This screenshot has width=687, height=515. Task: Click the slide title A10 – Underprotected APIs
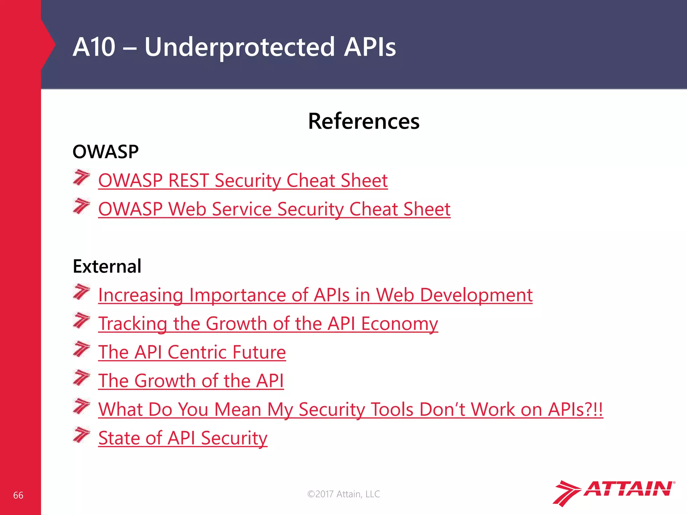click(234, 47)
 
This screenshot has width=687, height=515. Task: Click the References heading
click(364, 121)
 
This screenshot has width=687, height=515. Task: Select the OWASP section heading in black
click(105, 152)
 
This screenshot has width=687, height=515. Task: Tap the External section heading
click(107, 266)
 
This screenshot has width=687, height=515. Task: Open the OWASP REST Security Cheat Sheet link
click(243, 180)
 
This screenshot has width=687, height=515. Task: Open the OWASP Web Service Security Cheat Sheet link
click(274, 209)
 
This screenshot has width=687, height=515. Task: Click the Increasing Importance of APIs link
click(315, 295)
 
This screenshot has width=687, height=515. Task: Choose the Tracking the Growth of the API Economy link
click(268, 324)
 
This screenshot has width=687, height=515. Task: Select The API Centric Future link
click(192, 352)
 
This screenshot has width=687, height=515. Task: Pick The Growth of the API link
click(191, 381)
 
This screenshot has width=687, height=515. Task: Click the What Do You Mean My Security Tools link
click(350, 409)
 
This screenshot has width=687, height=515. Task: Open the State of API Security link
click(183, 438)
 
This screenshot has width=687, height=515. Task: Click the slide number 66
click(18, 495)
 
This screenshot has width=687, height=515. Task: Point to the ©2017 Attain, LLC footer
click(343, 494)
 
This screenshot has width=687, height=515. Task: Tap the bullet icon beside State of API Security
click(82, 435)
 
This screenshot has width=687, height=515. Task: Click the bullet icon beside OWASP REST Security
click(82, 177)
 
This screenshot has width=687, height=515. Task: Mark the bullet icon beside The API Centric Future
click(82, 349)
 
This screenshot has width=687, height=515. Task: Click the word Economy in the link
click(399, 324)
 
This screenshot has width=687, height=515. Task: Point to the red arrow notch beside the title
click(49, 44)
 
